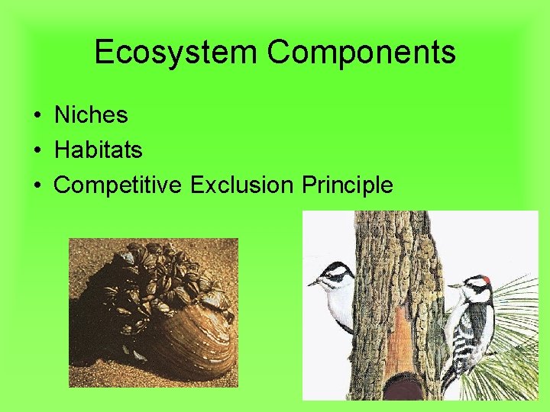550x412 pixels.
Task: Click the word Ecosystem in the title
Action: click(177, 53)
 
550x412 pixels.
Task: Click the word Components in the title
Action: click(361, 53)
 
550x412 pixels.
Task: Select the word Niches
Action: click(91, 115)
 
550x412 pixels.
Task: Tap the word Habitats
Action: click(98, 150)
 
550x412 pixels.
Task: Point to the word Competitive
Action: click(119, 185)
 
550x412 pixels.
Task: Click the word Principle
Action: click(348, 185)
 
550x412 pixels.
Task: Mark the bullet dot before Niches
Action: click(37, 116)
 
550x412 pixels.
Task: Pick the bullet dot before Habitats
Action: click(37, 151)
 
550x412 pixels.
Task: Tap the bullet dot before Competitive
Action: click(37, 185)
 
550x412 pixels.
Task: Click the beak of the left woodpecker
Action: click(313, 282)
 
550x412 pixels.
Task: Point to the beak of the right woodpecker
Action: click(454, 287)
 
